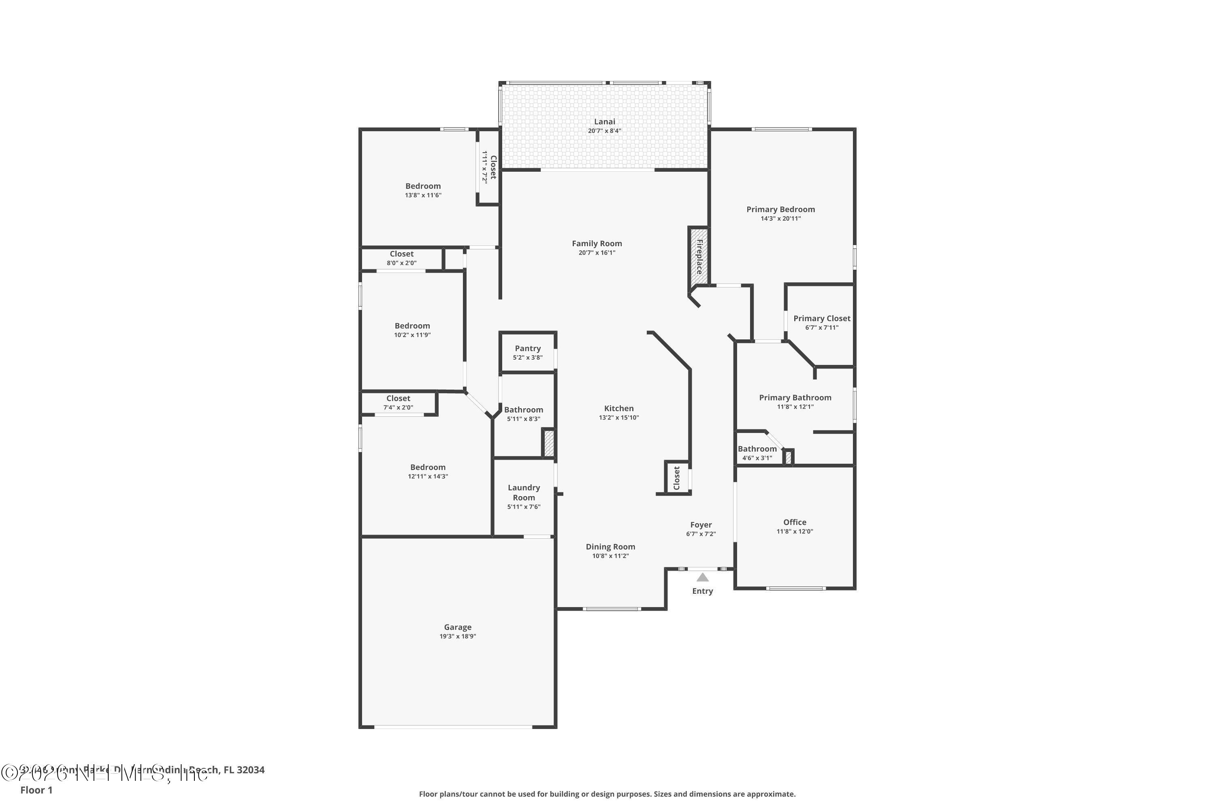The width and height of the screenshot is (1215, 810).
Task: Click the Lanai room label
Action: click(604, 122)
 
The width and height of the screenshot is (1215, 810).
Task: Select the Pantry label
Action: click(527, 349)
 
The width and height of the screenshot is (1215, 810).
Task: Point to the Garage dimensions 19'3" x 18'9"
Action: click(457, 636)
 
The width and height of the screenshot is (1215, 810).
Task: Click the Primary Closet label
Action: click(821, 319)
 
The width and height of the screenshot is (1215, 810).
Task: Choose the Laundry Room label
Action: click(523, 492)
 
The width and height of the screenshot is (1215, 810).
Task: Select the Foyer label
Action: click(701, 525)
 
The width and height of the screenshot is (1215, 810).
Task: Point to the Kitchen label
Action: click(618, 409)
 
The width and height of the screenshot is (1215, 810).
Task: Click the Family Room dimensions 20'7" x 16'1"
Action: click(597, 253)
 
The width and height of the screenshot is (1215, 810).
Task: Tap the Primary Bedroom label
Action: click(780, 209)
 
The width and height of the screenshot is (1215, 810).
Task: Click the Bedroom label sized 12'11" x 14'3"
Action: click(427, 467)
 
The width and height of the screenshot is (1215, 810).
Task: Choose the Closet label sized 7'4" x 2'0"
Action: click(398, 398)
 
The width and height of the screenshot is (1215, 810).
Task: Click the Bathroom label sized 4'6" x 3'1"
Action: click(757, 449)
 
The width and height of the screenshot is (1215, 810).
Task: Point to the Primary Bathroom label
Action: click(795, 397)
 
